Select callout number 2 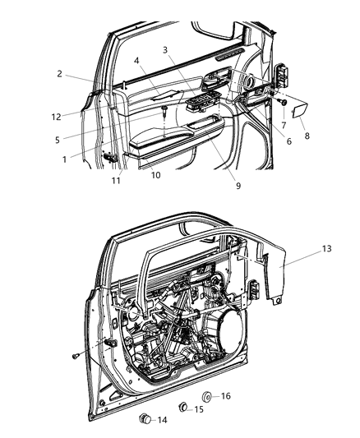60,74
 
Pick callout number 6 265,141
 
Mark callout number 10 155,174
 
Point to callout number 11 116,180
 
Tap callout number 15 198,409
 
